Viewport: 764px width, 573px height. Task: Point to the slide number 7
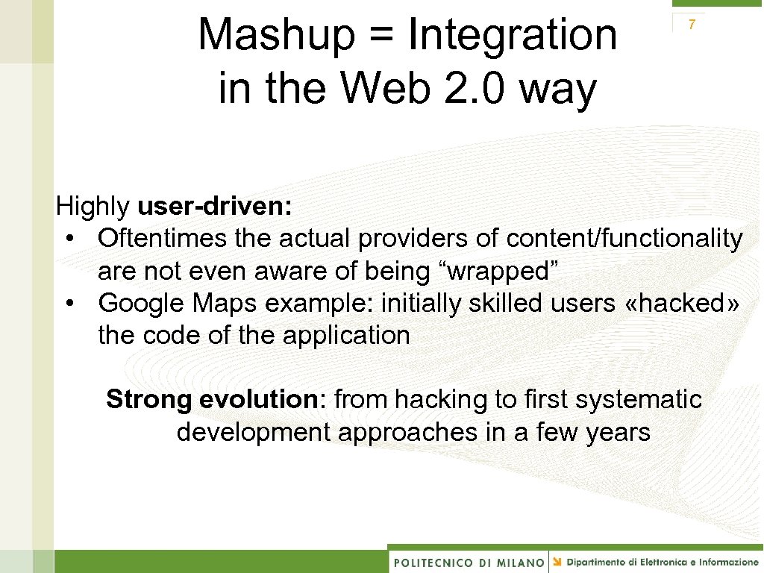pos(692,25)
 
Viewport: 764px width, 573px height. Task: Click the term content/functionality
pos(624,239)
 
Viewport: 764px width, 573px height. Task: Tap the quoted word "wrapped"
pos(493,272)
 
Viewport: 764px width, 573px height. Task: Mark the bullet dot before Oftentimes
pos(69,239)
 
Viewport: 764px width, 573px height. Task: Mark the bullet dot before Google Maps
pos(69,304)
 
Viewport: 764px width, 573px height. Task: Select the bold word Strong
pos(149,399)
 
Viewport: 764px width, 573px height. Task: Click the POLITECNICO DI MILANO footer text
pos(469,562)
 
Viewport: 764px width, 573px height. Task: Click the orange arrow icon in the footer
pos(558,561)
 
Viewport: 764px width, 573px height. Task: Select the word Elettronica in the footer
pos(666,561)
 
